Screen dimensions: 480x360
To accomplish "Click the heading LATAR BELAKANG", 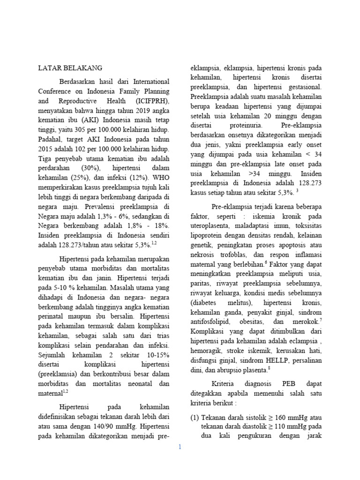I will click(70, 67).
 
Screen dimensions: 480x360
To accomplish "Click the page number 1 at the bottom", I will click(180, 447).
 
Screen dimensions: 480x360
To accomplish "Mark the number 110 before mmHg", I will click(287, 427).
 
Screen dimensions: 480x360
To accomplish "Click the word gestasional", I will click(304, 87).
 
